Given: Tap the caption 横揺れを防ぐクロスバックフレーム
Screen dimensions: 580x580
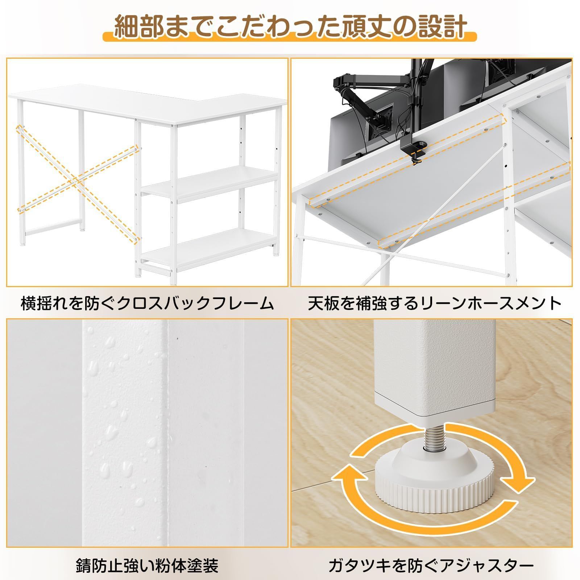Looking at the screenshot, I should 147,303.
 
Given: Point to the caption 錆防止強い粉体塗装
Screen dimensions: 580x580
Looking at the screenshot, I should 147,565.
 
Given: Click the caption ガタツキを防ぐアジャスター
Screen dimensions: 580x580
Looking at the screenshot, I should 431,565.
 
